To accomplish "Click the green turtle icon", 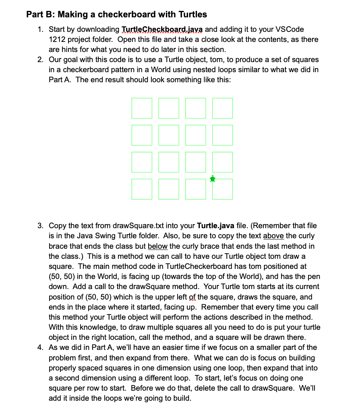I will (213, 179).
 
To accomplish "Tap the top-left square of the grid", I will (142, 108).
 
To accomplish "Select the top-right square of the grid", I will (223, 108).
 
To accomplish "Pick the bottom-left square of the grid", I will (142, 189).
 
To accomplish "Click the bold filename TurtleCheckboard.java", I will (165, 29).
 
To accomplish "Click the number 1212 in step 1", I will (57, 40).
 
